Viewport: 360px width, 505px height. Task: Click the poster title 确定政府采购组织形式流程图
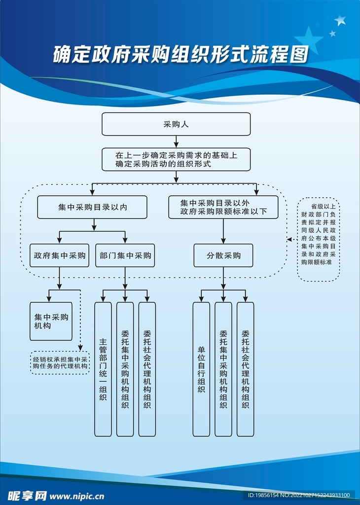coord(180,54)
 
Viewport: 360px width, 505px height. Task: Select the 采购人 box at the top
coord(176,124)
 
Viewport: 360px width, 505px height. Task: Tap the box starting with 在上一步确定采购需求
coord(176,159)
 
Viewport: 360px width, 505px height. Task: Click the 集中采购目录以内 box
coord(92,207)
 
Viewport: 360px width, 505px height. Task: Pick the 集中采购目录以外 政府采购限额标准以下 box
coord(223,207)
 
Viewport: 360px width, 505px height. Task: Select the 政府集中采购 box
coord(59,256)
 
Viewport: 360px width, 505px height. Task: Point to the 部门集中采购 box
coord(125,256)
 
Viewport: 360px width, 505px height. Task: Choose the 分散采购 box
coord(223,256)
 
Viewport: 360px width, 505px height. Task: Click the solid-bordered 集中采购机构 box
coord(51,322)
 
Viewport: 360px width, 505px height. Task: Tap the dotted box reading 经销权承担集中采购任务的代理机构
coord(60,362)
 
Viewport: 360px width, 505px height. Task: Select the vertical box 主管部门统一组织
coord(103,369)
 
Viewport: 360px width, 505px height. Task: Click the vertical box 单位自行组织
coord(201,369)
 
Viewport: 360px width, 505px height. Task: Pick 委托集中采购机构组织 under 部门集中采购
coord(125,369)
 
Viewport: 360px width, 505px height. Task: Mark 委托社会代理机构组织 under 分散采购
coord(245,369)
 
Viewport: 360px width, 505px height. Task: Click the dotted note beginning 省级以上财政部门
coord(319,240)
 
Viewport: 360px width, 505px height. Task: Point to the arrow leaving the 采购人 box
coord(176,142)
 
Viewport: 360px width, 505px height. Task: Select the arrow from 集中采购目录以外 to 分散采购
coord(223,231)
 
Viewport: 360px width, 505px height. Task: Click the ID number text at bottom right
coord(298,495)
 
